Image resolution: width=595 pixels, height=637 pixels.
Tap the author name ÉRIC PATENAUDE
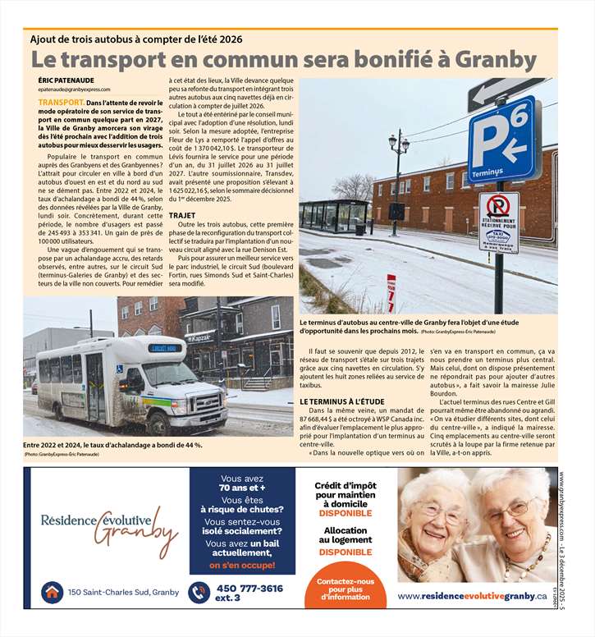(x=66, y=80)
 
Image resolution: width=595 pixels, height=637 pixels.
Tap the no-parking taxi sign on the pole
(x=499, y=222)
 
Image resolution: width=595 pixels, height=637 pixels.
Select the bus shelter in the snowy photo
(x=333, y=215)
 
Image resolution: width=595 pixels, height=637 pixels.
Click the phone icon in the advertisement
(x=199, y=592)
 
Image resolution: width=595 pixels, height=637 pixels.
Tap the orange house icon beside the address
(x=53, y=592)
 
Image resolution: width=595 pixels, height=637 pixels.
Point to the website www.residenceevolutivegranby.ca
(x=472, y=595)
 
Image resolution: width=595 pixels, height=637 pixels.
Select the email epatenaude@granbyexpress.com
(x=74, y=89)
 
